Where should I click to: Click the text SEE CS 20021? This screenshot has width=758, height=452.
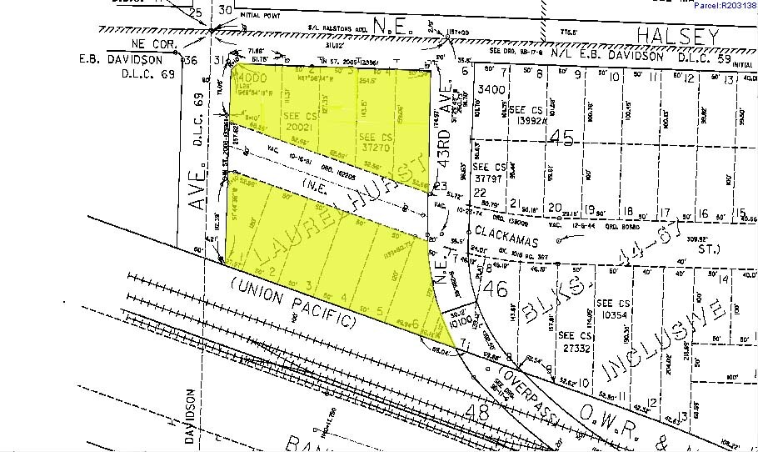[292, 122]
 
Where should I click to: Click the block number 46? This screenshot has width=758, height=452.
[497, 289]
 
